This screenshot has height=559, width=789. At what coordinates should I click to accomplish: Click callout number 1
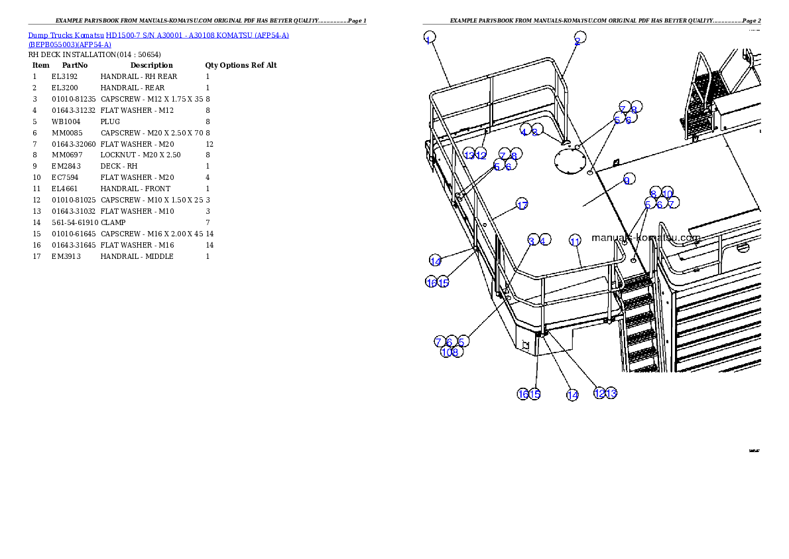(430, 37)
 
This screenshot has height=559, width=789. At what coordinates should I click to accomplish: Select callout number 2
(579, 37)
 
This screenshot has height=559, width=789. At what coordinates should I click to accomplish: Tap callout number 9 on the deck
(628, 179)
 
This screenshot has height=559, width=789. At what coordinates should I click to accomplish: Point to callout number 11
(575, 240)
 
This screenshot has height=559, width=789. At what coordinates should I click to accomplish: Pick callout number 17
(522, 204)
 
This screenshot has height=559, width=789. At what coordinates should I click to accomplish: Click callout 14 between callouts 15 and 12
(572, 394)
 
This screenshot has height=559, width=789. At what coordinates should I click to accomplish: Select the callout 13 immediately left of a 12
(469, 155)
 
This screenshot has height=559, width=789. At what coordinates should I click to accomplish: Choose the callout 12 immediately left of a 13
(599, 393)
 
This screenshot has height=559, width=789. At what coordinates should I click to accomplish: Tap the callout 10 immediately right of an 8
(667, 193)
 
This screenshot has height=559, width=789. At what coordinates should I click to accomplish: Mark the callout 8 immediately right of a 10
(455, 352)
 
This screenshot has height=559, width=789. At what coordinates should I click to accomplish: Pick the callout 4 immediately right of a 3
(544, 240)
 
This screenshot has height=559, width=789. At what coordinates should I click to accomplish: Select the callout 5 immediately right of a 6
(463, 341)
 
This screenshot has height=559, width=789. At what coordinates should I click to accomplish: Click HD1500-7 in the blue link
(124, 35)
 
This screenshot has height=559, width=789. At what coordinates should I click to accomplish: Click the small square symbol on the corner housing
(524, 344)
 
